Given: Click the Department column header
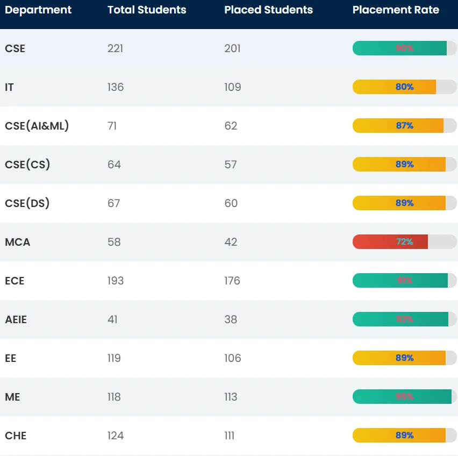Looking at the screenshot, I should click(x=38, y=10).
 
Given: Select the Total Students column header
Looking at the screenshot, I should click(x=147, y=10).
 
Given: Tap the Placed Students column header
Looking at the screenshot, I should click(x=268, y=10).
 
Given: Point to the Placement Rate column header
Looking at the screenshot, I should click(x=396, y=10).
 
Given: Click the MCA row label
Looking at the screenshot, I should click(x=18, y=242).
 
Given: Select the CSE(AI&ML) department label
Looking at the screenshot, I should click(x=37, y=126).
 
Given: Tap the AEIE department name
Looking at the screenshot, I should click(x=16, y=319).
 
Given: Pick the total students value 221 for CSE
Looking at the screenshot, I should click(x=115, y=48).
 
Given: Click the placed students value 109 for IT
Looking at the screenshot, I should click(x=233, y=87).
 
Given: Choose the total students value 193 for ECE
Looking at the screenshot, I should click(x=115, y=281).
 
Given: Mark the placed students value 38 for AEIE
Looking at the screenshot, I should click(x=231, y=319).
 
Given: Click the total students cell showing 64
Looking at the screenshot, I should click(x=114, y=165).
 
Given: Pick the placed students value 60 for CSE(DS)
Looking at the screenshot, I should click(x=231, y=203).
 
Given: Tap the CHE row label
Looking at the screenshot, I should click(x=16, y=436).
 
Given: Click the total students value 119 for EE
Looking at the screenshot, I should click(x=114, y=358).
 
